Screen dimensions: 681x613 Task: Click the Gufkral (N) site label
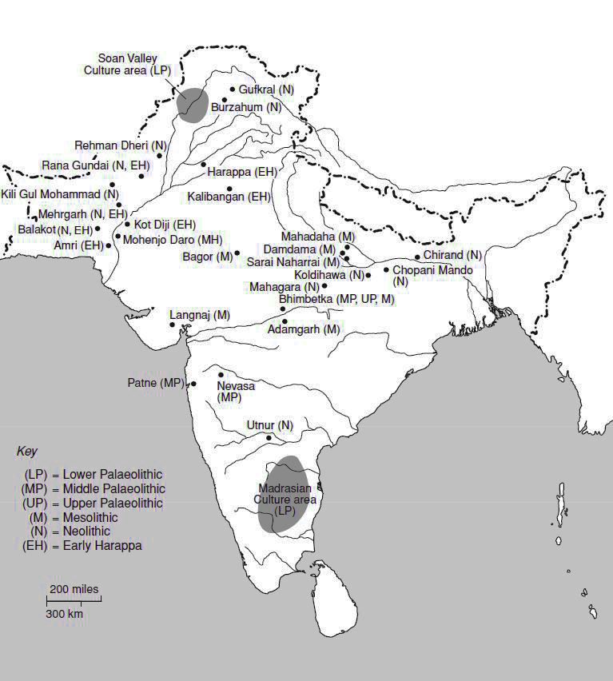tap(266, 90)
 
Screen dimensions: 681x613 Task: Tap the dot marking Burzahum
tap(225, 100)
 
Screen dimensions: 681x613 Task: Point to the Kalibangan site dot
tap(230, 189)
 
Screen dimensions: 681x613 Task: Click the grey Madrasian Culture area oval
tap(281, 493)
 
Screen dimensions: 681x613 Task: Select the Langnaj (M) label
tap(200, 315)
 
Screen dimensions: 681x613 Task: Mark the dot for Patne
tap(193, 384)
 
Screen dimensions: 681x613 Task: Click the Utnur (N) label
tap(270, 424)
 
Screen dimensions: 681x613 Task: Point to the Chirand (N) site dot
tap(417, 257)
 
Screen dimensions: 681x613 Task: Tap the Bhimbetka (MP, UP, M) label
tap(336, 299)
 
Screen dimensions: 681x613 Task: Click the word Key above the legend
tap(27, 452)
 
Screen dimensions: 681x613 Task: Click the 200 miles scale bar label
tap(74, 590)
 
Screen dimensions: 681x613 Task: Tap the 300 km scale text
tap(64, 615)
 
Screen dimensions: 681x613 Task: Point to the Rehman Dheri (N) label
tap(121, 145)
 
